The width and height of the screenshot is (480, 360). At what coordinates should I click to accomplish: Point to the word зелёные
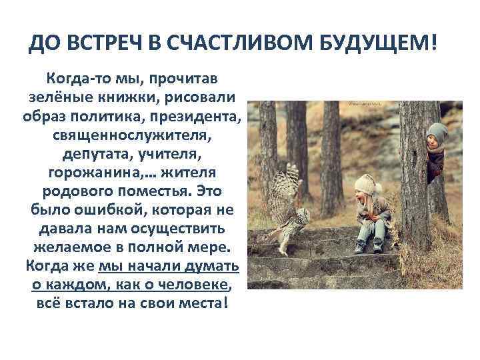(62, 98)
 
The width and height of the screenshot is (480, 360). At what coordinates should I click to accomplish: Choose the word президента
(203, 117)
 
